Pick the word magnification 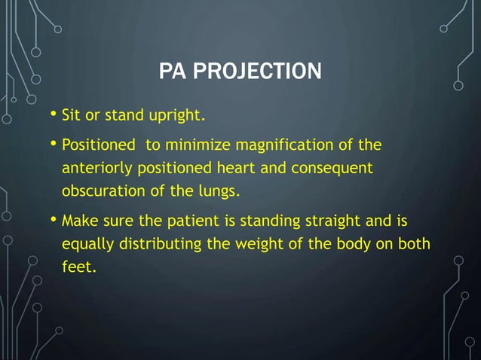coord(293,144)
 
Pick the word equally coord(85,245)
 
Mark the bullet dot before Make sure coord(54,221)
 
